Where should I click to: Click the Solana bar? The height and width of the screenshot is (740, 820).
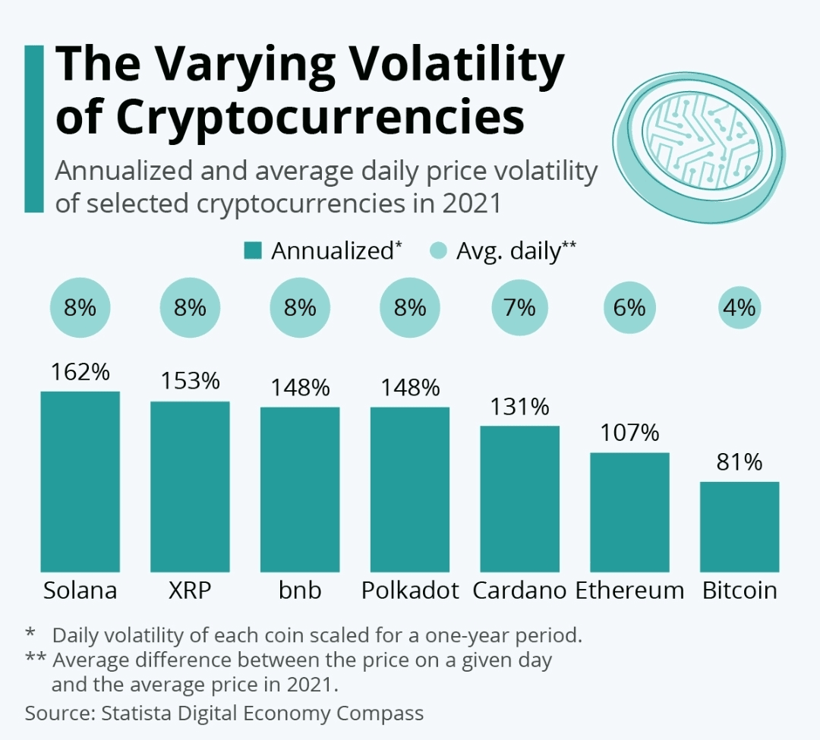point(80,482)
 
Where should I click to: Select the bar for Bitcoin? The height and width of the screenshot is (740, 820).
point(740,527)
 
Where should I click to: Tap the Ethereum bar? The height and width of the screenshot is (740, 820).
point(629,512)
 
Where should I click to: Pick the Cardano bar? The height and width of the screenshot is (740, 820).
point(519,499)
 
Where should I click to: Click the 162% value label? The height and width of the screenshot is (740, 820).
point(80,373)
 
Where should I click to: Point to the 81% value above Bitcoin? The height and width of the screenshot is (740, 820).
point(740,462)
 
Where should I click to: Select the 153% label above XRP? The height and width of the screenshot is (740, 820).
point(190,382)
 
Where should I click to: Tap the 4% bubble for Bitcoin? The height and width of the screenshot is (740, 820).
point(740,308)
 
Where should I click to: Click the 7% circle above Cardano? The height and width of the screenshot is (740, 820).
point(519,308)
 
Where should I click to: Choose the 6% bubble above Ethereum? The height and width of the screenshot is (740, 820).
point(629,308)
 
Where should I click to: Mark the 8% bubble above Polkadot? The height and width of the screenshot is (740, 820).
point(410,308)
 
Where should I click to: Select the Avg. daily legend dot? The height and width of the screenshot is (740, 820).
point(438,251)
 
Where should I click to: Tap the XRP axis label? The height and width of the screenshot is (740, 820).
point(190,591)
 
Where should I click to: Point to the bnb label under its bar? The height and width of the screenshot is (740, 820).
point(300,591)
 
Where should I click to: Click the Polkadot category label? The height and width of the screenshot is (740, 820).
point(410,591)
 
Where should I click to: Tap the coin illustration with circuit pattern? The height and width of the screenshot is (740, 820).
point(697,144)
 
